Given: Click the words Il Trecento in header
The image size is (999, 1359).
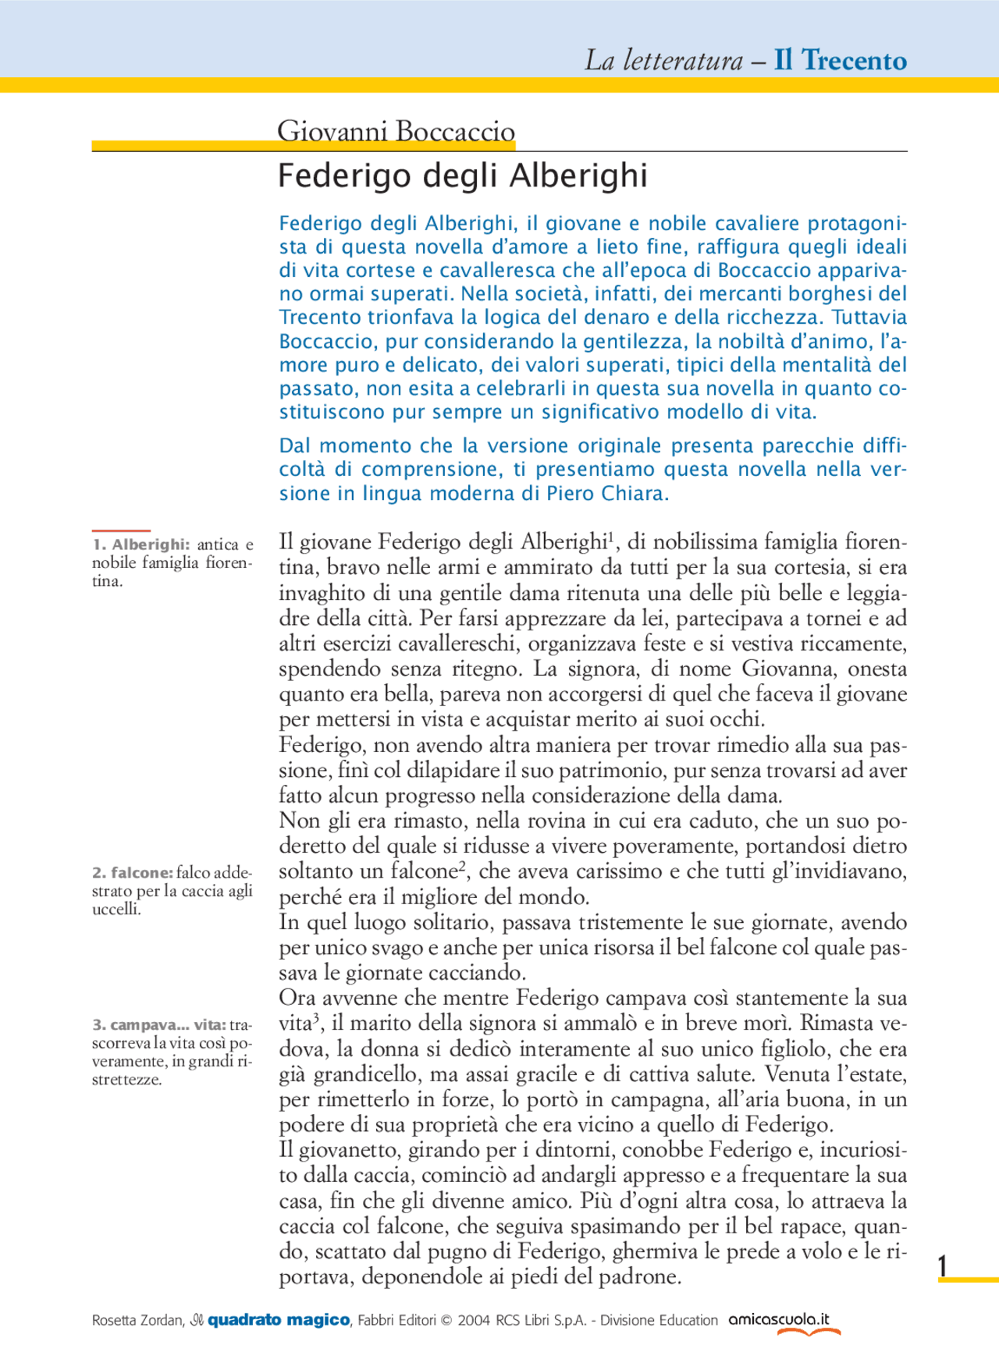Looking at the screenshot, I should [840, 60].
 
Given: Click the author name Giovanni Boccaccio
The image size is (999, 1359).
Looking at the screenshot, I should [396, 130].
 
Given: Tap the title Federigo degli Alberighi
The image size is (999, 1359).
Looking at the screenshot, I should [462, 176].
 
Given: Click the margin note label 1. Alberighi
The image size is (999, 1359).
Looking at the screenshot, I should [141, 545].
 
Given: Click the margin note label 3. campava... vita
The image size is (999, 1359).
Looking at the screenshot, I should [159, 1024].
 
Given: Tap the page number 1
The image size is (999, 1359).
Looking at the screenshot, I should [943, 1265].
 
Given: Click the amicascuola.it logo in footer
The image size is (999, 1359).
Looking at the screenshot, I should [779, 1320].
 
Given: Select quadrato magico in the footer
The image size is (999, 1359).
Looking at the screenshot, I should [278, 1320].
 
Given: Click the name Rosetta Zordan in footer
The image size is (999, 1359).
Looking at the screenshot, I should [137, 1321].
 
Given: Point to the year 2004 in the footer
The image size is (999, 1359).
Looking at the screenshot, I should [474, 1321].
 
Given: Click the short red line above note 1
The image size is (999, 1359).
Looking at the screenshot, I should [120, 530].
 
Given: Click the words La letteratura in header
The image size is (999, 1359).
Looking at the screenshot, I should [663, 60].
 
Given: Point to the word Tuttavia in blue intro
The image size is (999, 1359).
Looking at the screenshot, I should [869, 318].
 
